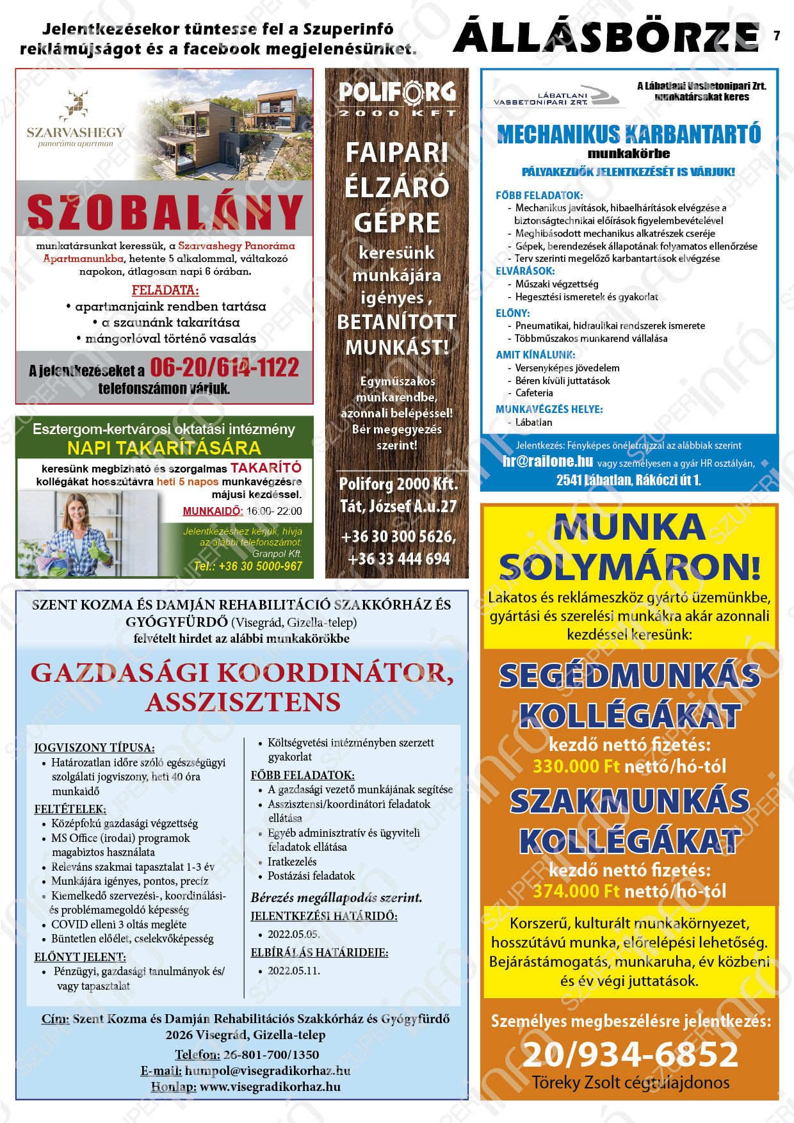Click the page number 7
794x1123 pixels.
[x=777, y=36]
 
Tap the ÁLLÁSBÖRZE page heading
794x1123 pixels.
[x=606, y=37]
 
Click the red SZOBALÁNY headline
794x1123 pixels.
[x=165, y=212]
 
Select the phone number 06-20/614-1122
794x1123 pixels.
[x=225, y=368]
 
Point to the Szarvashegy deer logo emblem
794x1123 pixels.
[x=76, y=105]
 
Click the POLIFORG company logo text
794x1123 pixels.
[x=397, y=93]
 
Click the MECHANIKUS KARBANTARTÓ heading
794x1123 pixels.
[x=629, y=134]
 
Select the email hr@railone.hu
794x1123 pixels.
[x=547, y=461]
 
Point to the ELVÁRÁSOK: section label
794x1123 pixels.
[x=525, y=271]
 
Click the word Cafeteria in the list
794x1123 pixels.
[x=534, y=393]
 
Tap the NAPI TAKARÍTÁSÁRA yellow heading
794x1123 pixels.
[x=164, y=448]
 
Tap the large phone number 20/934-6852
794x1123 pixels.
[x=631, y=1054]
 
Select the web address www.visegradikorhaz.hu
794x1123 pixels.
[x=270, y=1087]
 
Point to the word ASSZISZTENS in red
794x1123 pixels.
[x=243, y=702]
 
